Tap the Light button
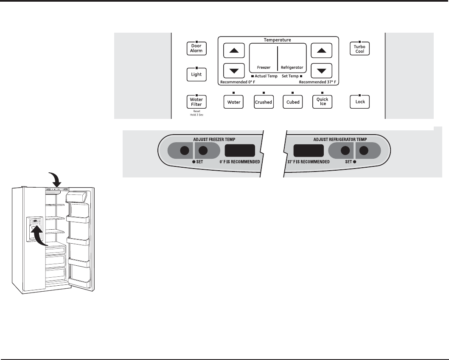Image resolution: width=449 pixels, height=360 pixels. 196,74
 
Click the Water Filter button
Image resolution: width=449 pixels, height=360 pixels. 196,102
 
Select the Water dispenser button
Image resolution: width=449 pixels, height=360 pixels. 234,102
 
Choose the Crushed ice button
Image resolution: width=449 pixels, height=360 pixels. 263,102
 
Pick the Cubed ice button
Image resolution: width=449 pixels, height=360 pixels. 293,102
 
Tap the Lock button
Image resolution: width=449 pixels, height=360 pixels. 359,102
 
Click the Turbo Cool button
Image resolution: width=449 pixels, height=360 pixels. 359,48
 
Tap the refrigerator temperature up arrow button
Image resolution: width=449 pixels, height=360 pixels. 322,51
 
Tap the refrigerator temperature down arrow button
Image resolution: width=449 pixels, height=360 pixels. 322,70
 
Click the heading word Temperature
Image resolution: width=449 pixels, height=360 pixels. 278,40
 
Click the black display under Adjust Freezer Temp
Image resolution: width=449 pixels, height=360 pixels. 239,151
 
